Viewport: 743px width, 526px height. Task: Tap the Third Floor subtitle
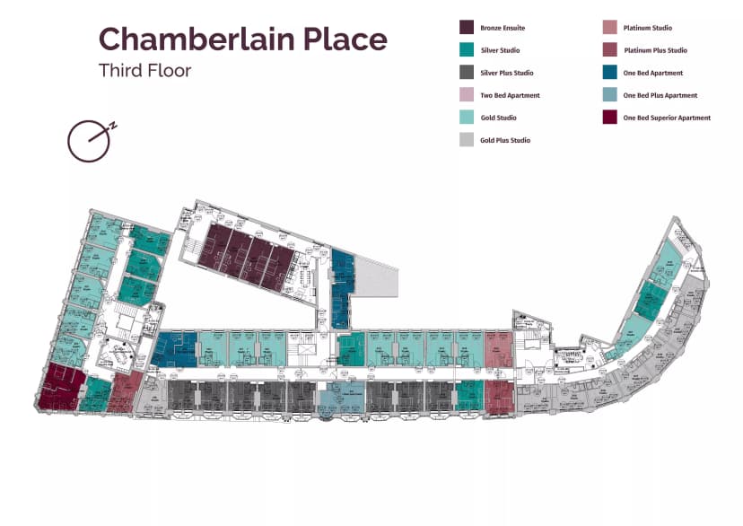[x=144, y=70]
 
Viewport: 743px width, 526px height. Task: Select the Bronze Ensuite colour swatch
[x=467, y=28]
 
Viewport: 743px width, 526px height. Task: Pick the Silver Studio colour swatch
[x=467, y=50]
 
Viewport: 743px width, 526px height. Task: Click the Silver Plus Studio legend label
[x=506, y=73]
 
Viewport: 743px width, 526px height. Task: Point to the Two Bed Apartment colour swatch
[x=467, y=95]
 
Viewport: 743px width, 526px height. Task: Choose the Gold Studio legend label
[x=498, y=118]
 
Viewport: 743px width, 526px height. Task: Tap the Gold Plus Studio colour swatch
[x=467, y=140]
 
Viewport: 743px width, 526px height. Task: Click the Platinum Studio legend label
[x=647, y=28]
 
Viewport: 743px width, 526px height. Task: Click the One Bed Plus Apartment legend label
[x=660, y=95]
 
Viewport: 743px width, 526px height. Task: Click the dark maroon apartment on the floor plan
[x=61, y=387]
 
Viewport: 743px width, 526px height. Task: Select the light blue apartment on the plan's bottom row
[x=341, y=396]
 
